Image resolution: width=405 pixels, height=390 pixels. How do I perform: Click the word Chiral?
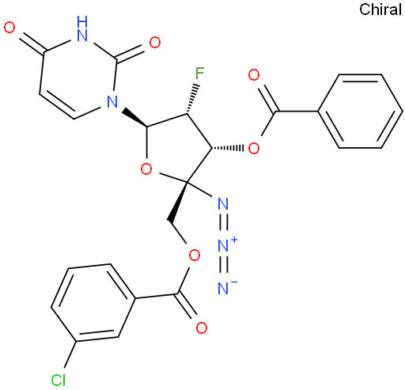[x=380, y=9]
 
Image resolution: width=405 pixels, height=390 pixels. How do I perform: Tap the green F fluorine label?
[x=199, y=74]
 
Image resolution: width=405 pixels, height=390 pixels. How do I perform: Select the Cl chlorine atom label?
[x=59, y=381]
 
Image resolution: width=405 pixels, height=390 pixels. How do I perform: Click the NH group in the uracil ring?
[x=82, y=28]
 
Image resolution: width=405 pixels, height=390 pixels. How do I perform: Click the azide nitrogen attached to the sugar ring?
[x=223, y=203]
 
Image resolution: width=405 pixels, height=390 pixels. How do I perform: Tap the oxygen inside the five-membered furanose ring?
[x=146, y=168]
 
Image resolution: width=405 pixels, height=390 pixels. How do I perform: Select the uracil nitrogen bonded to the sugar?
[x=112, y=101]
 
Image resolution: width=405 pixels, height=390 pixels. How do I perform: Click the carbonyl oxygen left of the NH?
[x=9, y=28]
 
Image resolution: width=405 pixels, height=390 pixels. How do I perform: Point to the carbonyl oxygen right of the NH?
[x=155, y=42]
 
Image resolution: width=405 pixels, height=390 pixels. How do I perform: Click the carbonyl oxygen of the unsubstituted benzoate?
[x=254, y=75]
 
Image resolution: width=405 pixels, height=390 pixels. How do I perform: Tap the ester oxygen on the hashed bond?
[x=254, y=148]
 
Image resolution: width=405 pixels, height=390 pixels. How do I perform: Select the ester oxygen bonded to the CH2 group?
[x=195, y=255]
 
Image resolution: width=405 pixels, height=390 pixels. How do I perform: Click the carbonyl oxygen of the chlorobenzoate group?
[x=202, y=328]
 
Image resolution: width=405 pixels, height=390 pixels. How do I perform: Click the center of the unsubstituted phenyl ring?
[x=360, y=112]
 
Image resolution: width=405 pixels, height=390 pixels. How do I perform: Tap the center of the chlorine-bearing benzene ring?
[x=93, y=303]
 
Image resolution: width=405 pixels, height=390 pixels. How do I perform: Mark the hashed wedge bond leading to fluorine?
[x=191, y=99]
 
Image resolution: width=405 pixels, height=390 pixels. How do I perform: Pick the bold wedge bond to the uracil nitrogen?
[x=136, y=117]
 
